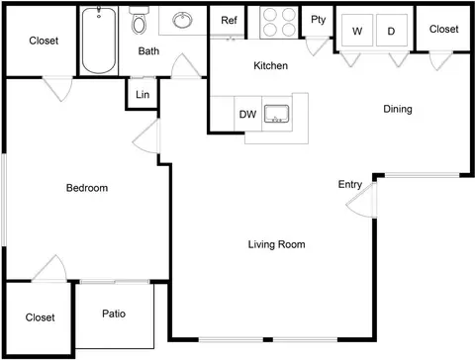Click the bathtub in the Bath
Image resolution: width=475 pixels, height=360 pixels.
(x=99, y=41)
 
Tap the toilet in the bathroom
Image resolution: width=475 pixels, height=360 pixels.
(x=139, y=21)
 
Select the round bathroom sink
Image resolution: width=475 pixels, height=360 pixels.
(x=182, y=20)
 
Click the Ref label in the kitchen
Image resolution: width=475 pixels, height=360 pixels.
(x=229, y=20)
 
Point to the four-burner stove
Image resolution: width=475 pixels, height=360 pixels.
(x=279, y=22)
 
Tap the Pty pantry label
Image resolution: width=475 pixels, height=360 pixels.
(x=319, y=20)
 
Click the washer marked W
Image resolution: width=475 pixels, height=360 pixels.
(x=357, y=31)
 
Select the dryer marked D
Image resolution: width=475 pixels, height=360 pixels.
(x=392, y=31)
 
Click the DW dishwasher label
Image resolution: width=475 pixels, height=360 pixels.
(x=247, y=115)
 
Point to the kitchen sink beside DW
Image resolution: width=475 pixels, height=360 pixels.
(x=277, y=114)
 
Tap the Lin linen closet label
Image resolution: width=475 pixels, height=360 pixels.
(x=142, y=95)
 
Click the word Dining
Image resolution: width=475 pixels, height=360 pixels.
(x=398, y=109)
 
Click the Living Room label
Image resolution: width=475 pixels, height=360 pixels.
(x=276, y=244)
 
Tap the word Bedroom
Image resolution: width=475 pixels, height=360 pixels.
(x=87, y=188)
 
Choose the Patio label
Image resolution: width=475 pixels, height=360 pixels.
(x=114, y=314)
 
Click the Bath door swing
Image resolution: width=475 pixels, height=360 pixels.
(x=186, y=66)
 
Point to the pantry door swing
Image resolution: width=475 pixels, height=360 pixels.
(x=318, y=46)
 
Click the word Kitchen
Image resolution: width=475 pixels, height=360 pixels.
(x=270, y=65)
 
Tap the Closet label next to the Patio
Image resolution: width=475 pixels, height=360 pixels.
(x=40, y=317)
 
